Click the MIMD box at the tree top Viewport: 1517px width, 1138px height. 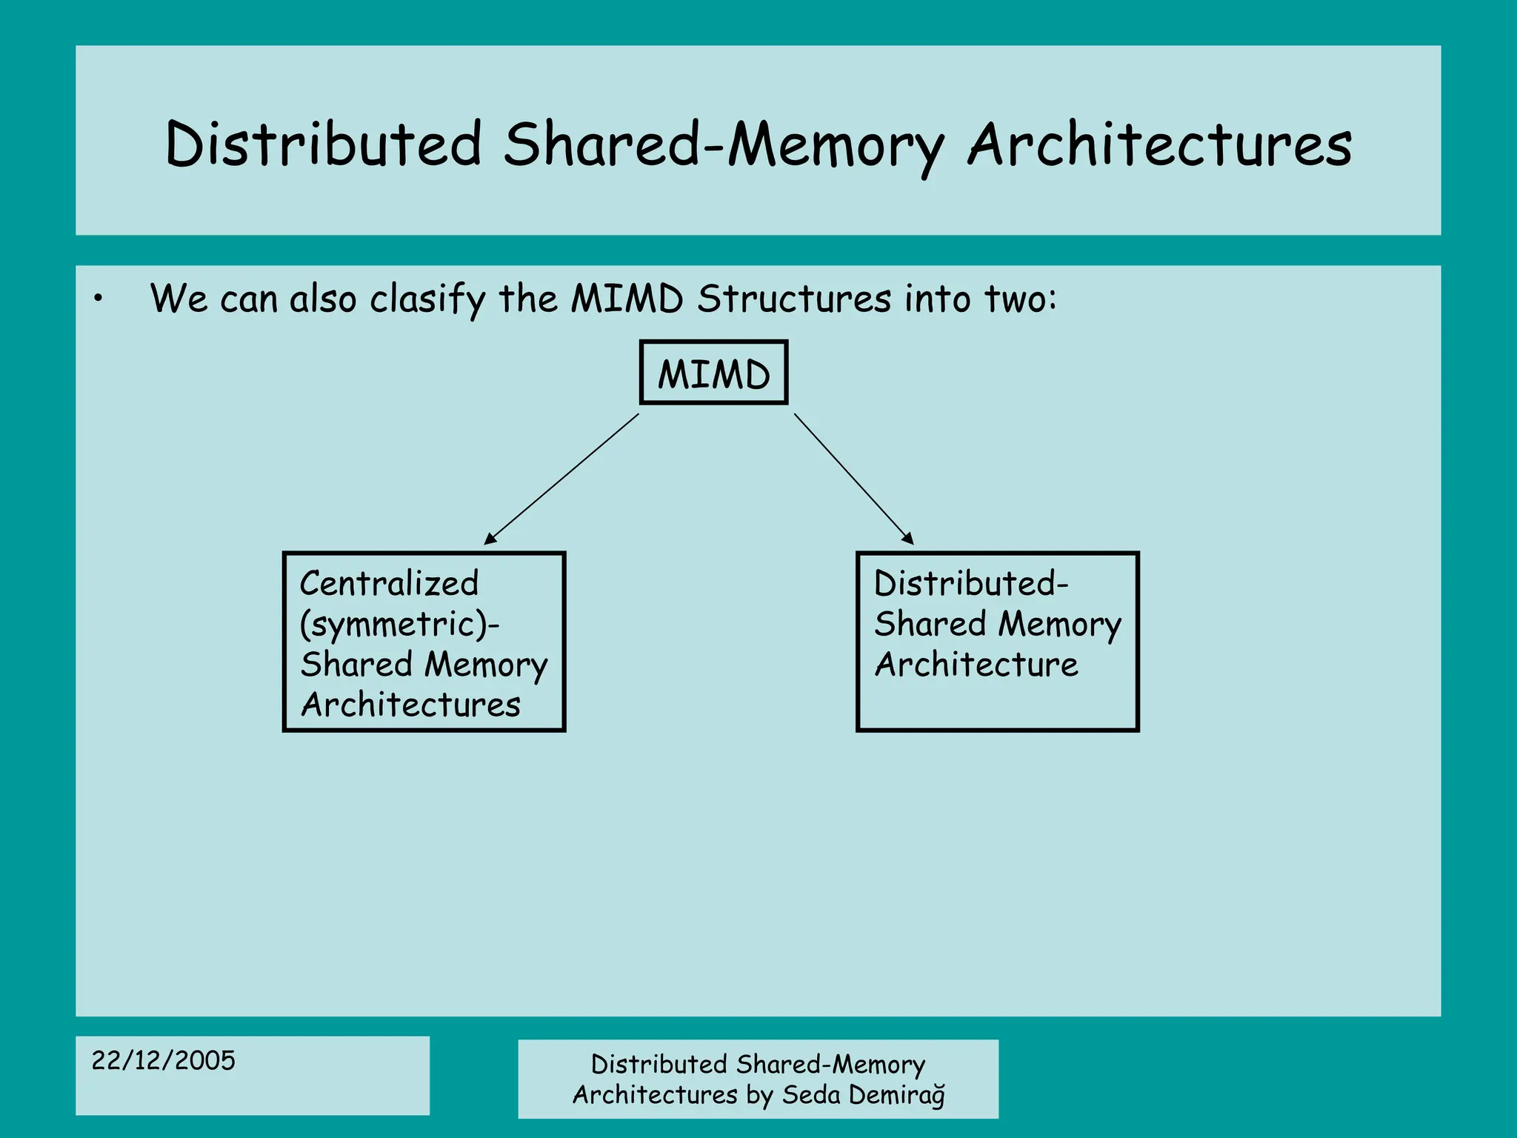click(713, 373)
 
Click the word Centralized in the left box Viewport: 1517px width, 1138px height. click(389, 584)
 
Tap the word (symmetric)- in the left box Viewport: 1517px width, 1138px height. click(399, 625)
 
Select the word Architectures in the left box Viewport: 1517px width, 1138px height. click(410, 705)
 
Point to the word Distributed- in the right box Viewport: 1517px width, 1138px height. click(970, 584)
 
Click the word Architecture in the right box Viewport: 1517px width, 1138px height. click(976, 665)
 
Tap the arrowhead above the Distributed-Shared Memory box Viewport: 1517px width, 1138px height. click(907, 539)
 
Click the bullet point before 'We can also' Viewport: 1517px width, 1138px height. click(98, 299)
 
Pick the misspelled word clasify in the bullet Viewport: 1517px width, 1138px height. click(427, 300)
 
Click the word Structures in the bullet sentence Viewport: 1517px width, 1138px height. click(794, 299)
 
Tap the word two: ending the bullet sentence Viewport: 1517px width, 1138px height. click(1020, 299)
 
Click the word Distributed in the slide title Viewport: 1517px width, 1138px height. click(324, 144)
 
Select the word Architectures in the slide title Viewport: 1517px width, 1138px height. click(1159, 144)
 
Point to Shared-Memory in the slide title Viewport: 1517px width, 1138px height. click(724, 145)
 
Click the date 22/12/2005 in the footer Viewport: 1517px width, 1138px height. click(163, 1060)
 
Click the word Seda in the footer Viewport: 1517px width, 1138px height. click(811, 1095)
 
